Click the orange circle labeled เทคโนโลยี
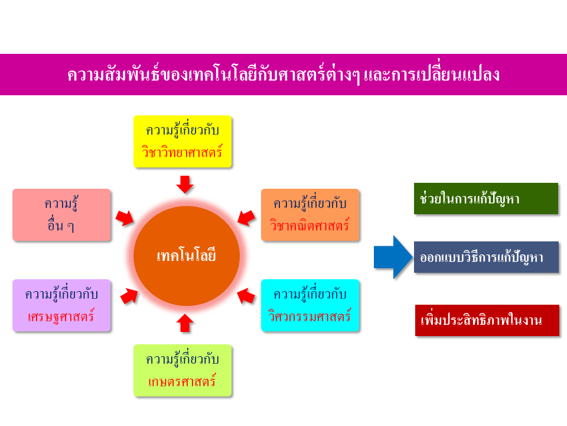click(x=186, y=256)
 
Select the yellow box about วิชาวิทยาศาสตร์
click(x=183, y=141)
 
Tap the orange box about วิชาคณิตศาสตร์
click(x=310, y=215)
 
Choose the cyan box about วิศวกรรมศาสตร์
click(x=310, y=305)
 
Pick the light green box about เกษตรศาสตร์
click(x=183, y=370)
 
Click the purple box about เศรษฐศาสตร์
click(x=61, y=305)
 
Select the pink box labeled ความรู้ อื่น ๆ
click(x=61, y=215)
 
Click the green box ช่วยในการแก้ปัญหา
click(x=486, y=199)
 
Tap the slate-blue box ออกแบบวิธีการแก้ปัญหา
click(x=486, y=257)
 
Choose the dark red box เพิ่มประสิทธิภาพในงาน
click(x=487, y=320)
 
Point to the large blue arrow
click(x=393, y=257)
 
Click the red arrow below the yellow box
click(x=185, y=185)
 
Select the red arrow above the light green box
click(x=185, y=323)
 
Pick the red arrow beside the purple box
click(x=129, y=296)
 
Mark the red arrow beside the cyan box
click(x=246, y=296)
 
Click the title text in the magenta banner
click(x=283, y=75)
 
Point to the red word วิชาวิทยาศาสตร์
click(x=182, y=152)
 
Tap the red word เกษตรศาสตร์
click(x=182, y=382)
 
